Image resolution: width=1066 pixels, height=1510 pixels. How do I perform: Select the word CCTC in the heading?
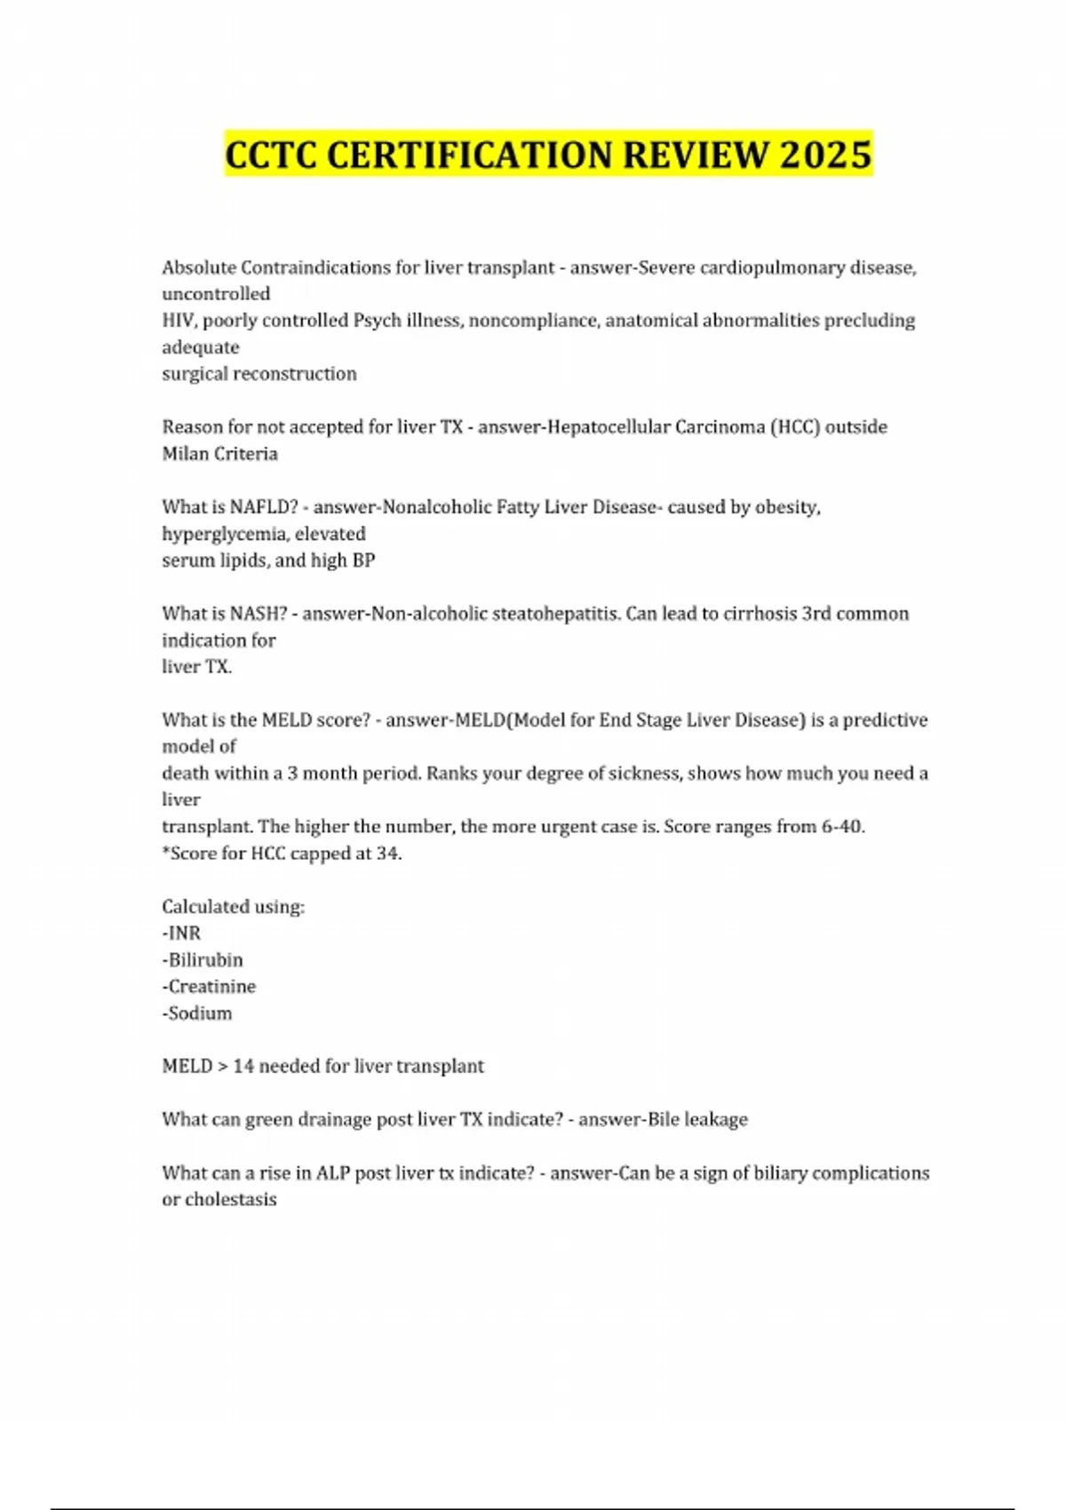pyautogui.click(x=271, y=155)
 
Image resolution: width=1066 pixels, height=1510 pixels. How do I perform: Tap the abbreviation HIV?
pyautogui.click(x=179, y=321)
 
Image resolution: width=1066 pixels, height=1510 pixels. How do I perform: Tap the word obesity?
pyautogui.click(x=788, y=507)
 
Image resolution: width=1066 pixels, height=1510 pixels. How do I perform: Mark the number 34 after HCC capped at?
pyautogui.click(x=387, y=854)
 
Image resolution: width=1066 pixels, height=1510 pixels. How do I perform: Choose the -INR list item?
pyautogui.click(x=181, y=934)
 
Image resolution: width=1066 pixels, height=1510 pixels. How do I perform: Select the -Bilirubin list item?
pyautogui.click(x=202, y=960)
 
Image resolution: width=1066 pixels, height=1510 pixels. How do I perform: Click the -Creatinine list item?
pyautogui.click(x=209, y=987)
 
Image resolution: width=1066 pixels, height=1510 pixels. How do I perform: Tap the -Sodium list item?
pyautogui.click(x=196, y=1013)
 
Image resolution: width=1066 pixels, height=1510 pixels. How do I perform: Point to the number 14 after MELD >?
pyautogui.click(x=243, y=1067)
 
